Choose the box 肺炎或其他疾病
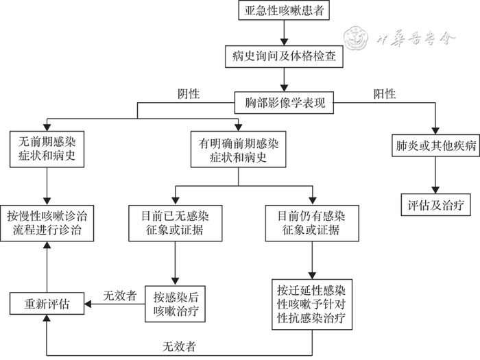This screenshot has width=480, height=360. click(x=435, y=145)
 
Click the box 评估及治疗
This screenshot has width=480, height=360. click(x=435, y=203)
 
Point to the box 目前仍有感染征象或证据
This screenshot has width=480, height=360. click(x=310, y=222)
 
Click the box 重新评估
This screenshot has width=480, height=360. click(x=46, y=302)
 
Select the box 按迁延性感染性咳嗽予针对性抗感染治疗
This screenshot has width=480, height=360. click(x=310, y=304)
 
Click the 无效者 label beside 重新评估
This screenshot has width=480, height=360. click(x=119, y=296)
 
